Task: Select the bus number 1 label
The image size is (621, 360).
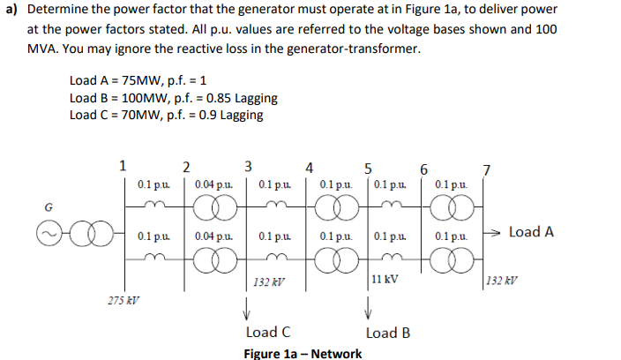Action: point(123,163)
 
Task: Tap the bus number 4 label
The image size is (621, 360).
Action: point(308,165)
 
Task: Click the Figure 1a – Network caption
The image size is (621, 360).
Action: point(303,353)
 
